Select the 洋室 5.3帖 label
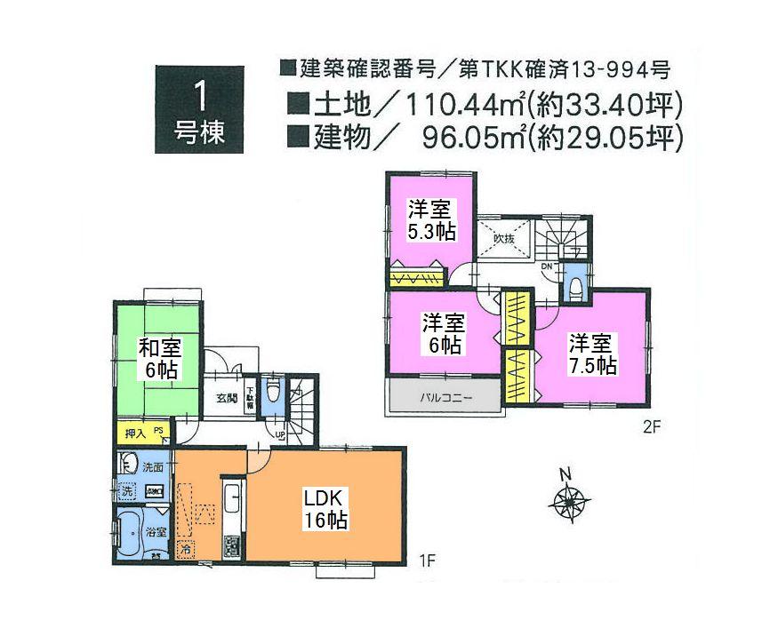[431, 220]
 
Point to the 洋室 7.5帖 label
[592, 353]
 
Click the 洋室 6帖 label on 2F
[442, 333]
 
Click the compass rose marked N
[565, 502]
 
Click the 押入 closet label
[135, 433]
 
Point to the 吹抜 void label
[505, 237]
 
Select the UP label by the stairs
[281, 436]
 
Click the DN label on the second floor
[548, 267]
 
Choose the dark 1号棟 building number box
[199, 109]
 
